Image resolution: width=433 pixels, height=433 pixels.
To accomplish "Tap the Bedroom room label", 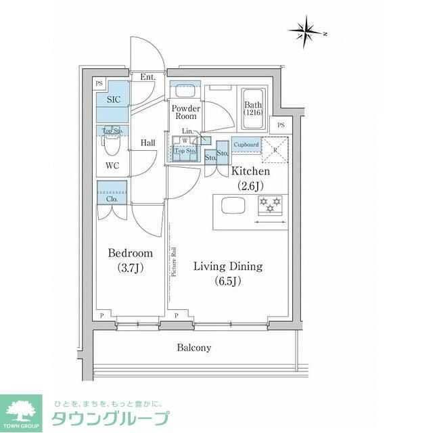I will (131, 260).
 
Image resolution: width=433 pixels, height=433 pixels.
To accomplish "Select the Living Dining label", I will (227, 273).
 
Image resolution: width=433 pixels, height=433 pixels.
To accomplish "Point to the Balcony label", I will (194, 348).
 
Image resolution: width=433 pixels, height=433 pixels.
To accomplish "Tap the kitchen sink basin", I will (231, 205).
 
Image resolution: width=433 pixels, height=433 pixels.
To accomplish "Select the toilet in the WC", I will (110, 143).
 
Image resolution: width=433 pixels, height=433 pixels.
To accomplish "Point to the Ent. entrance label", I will (148, 77).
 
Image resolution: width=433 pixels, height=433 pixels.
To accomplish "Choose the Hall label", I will (150, 143).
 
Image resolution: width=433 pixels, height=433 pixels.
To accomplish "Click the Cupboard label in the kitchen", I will (246, 145).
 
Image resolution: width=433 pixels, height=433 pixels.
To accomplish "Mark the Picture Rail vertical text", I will (174, 261).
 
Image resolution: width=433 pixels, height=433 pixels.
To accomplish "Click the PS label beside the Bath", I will (280, 125).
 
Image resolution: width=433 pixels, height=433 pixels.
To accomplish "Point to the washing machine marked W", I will (184, 141).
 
